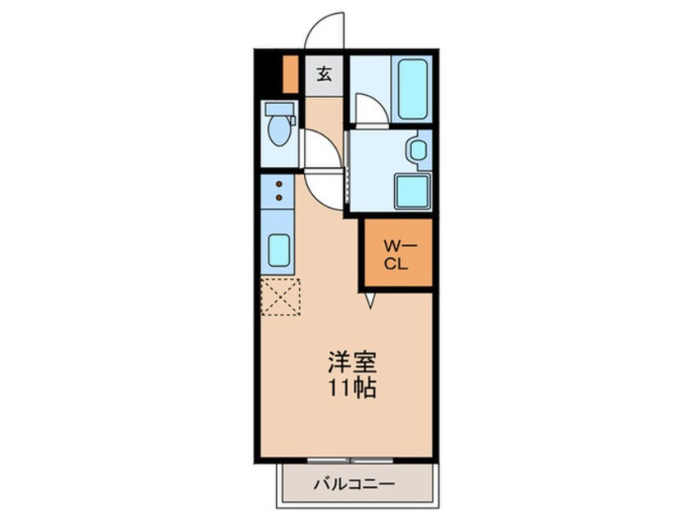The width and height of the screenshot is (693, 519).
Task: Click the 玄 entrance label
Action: click(x=324, y=74)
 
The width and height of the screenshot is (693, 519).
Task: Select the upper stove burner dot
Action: click(x=279, y=184)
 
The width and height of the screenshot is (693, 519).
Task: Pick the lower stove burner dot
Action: click(x=279, y=196)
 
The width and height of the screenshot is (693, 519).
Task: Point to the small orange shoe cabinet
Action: click(x=289, y=73)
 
